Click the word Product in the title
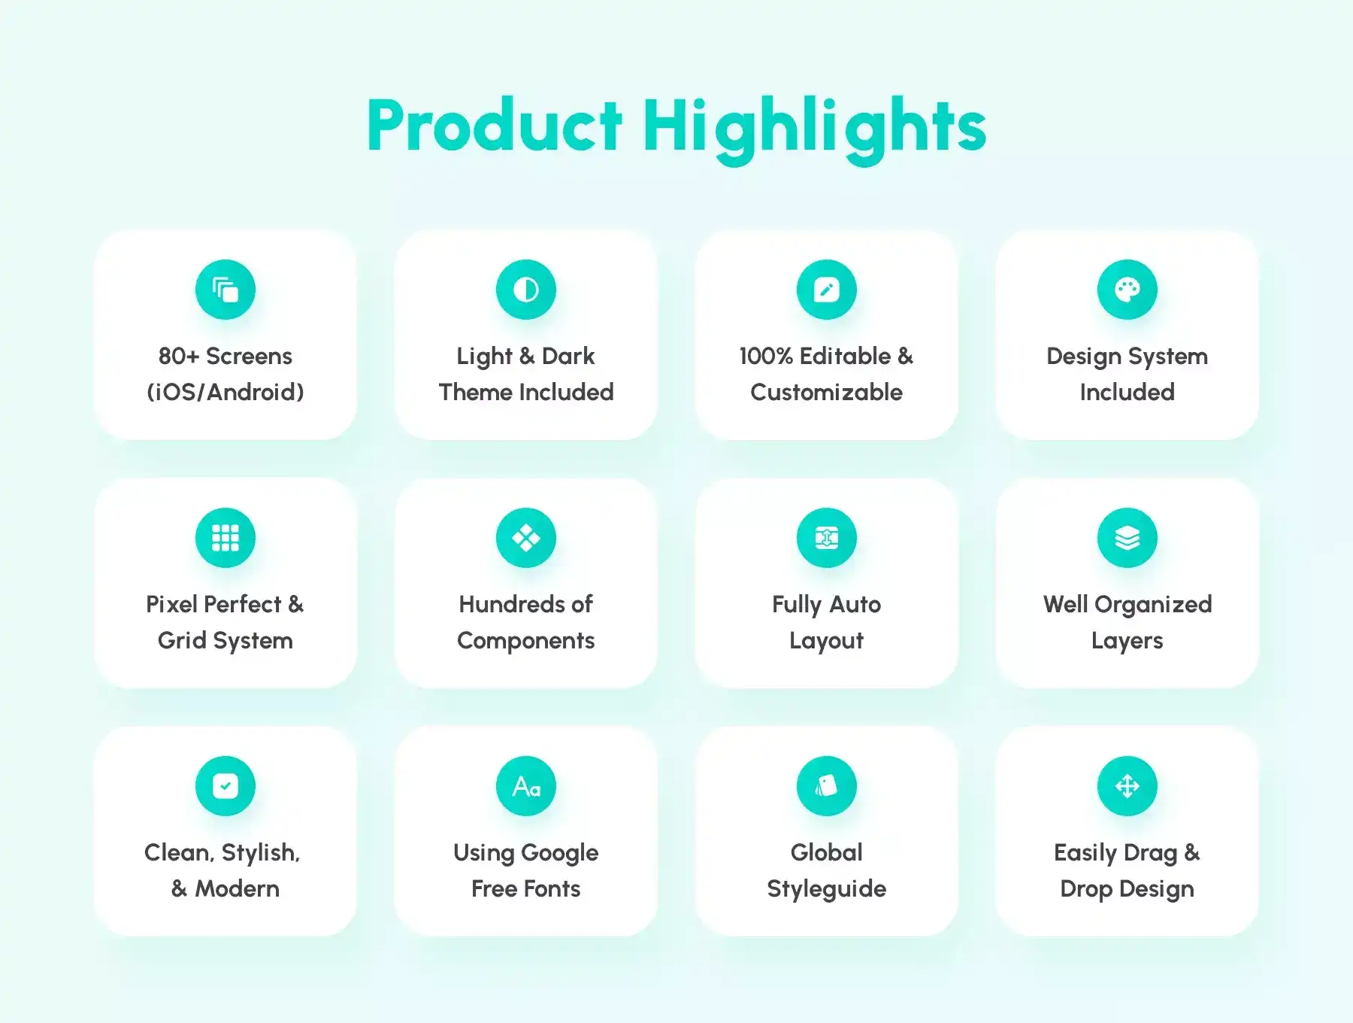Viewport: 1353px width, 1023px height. (495, 126)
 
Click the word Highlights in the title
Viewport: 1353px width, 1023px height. (814, 129)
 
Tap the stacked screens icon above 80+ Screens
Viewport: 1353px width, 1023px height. (225, 290)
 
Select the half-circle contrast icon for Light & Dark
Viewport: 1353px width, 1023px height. (526, 290)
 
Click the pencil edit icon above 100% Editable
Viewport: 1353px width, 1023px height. (827, 290)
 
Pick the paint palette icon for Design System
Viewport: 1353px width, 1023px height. (1127, 290)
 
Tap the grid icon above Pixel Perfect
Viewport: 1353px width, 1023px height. (225, 538)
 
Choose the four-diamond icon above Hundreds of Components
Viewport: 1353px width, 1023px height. (526, 538)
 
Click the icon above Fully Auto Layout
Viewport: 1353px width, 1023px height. (827, 538)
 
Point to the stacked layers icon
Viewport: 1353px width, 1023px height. (1127, 538)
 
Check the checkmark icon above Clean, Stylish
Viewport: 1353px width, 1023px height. (225, 786)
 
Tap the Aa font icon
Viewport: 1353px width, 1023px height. (526, 786)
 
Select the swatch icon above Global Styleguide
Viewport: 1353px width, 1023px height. (827, 786)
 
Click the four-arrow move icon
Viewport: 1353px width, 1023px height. (1127, 786)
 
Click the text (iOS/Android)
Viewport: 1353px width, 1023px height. (225, 392)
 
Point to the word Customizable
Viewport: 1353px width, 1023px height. (827, 392)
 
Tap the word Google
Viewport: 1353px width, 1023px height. (560, 854)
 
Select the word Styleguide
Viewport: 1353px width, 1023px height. (827, 890)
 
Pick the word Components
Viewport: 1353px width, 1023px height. (526, 642)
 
